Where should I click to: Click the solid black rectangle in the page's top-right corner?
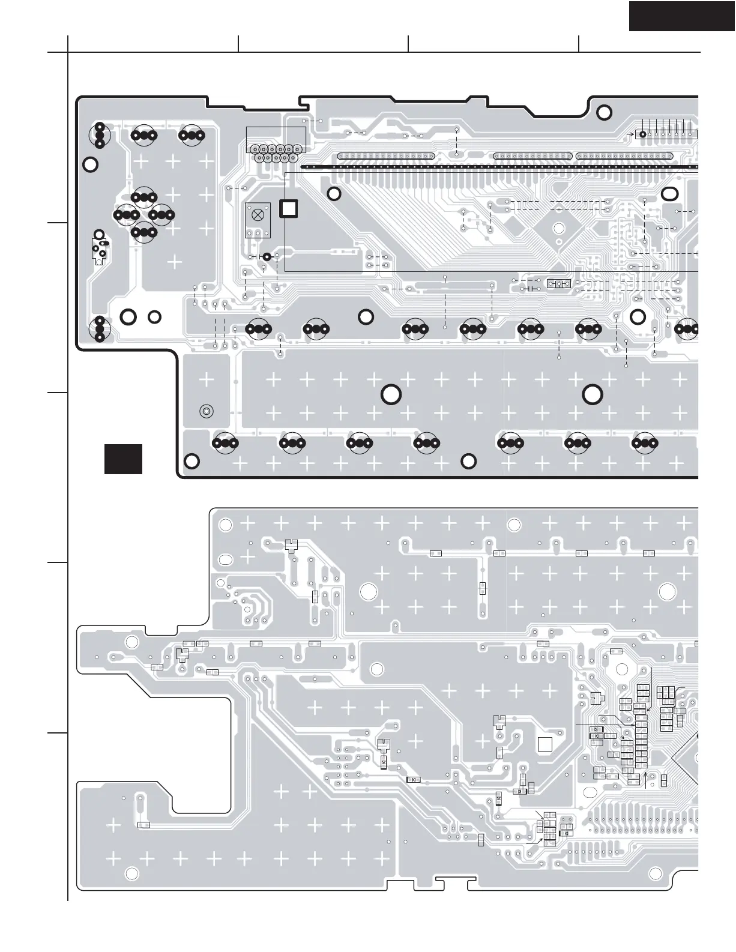[682, 16]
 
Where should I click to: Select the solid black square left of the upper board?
[123, 459]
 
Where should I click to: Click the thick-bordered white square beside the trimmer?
[289, 208]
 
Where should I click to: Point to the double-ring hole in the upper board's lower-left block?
[206, 412]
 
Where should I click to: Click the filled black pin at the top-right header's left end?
[642, 134]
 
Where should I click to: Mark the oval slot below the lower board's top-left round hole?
[226, 559]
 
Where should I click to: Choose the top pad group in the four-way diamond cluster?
[144, 196]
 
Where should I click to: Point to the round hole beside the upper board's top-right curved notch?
[605, 112]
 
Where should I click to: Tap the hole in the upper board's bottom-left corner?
[191, 461]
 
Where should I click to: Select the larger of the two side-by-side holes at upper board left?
[128, 316]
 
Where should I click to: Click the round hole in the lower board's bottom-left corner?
[132, 873]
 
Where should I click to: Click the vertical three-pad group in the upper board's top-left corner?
[100, 135]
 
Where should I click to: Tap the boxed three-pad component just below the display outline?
[559, 283]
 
